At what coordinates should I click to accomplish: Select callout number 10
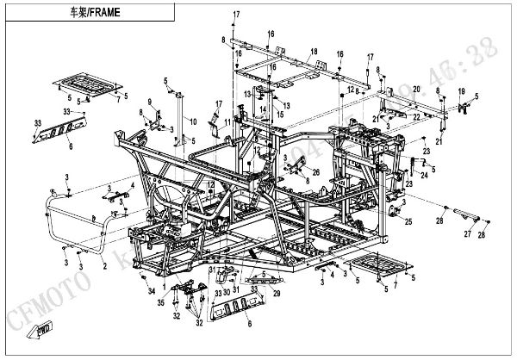pos(193,120)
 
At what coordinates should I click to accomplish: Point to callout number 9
pos(148,103)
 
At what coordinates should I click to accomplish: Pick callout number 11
pos(227,124)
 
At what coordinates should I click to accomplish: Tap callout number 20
pos(415,90)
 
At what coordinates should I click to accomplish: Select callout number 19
pos(461,92)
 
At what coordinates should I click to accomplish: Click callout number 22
pos(415,115)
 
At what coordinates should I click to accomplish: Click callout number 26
pos(315,172)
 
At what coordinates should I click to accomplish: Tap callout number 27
pos(468,233)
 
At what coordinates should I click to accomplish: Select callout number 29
pos(277,295)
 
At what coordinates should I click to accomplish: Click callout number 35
pos(159,302)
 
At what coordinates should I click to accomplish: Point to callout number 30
pos(227,293)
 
